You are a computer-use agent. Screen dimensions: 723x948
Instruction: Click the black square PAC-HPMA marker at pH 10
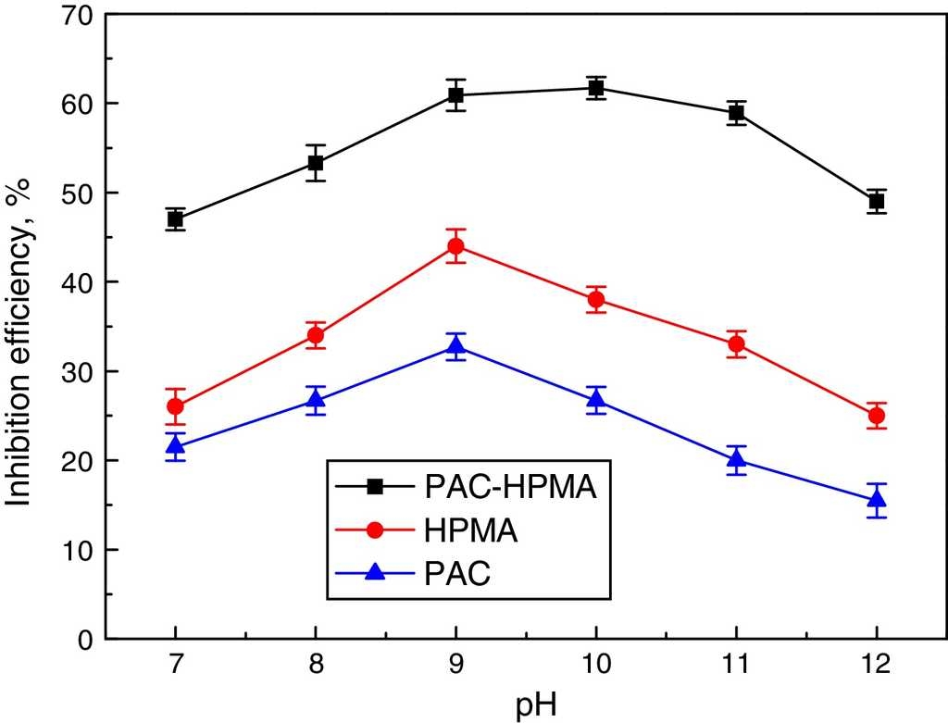596,88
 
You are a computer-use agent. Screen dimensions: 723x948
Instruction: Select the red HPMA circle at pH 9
455,246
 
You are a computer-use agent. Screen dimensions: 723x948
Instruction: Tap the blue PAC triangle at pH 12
877,500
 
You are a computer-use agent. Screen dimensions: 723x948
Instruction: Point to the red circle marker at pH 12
877,416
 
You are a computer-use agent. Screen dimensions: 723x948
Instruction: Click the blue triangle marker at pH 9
455,346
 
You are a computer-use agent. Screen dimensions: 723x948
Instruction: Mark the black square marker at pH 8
316,163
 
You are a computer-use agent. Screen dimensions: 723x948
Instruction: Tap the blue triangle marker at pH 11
737,459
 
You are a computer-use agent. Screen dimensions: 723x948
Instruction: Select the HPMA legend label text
471,530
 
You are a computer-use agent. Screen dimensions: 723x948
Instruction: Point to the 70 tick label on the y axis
78,15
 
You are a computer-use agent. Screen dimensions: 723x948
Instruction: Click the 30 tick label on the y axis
78,371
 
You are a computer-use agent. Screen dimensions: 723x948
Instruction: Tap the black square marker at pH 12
877,201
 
